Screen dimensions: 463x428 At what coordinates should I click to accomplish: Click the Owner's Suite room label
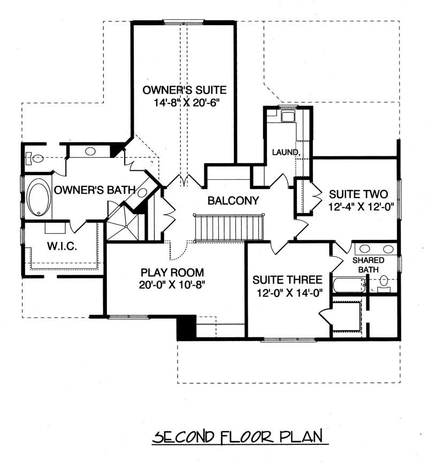click(x=185, y=89)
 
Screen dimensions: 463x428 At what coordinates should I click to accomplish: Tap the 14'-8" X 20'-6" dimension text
click(x=185, y=101)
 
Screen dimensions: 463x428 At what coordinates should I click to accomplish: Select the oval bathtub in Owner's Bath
click(x=38, y=198)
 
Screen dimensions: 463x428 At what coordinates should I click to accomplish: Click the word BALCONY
click(x=233, y=201)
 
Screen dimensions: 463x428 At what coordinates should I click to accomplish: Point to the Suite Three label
click(x=287, y=280)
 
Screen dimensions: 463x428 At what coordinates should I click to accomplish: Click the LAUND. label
click(x=285, y=153)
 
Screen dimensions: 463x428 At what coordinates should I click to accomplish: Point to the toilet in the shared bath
click(x=384, y=281)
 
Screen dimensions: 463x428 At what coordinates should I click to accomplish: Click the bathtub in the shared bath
click(x=348, y=285)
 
